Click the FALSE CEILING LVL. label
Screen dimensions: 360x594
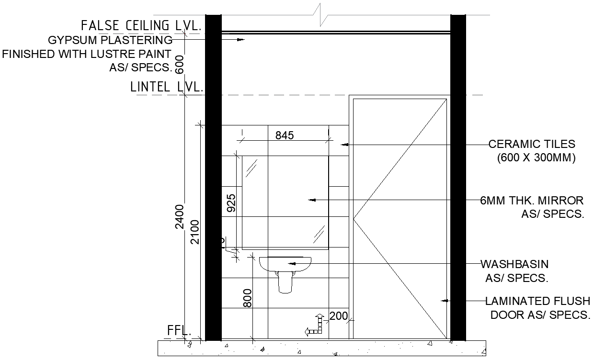pyautogui.click(x=140, y=25)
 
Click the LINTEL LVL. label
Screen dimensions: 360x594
pyautogui.click(x=167, y=87)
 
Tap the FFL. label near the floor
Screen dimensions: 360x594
pyautogui.click(x=179, y=330)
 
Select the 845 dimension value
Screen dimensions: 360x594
pyautogui.click(x=284, y=135)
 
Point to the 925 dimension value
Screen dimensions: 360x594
pyautogui.click(x=231, y=203)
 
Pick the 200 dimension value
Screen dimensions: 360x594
pyautogui.click(x=339, y=315)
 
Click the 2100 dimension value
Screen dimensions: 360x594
pyautogui.click(x=194, y=232)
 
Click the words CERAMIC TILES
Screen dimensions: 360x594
pyautogui.click(x=531, y=144)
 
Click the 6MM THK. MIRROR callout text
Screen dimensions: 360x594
pyautogui.click(x=532, y=200)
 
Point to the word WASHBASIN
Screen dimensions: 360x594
pyautogui.click(x=514, y=264)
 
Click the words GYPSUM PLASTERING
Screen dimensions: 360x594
pyautogui.click(x=110, y=40)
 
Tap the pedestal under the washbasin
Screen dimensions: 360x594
pyautogui.click(x=285, y=282)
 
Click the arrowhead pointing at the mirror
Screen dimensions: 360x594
pyautogui.click(x=311, y=200)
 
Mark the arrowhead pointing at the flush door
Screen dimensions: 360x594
pyautogui.click(x=444, y=301)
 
